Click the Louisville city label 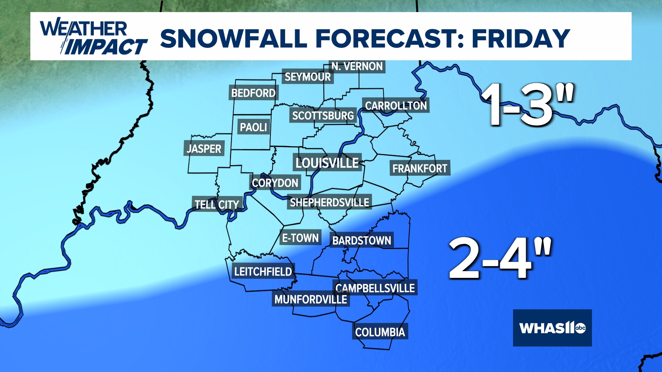(327, 163)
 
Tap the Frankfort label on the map (420, 168)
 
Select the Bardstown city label (362, 240)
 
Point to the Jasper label (204, 149)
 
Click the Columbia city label (380, 332)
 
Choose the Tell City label (217, 205)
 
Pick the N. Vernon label (357, 66)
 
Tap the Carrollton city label (396, 106)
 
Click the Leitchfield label (263, 272)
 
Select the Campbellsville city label (375, 288)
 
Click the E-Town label (300, 238)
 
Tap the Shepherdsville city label (329, 203)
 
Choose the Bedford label (253, 93)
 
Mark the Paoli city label (253, 127)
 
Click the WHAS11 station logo (552, 328)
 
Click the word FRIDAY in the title (521, 38)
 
